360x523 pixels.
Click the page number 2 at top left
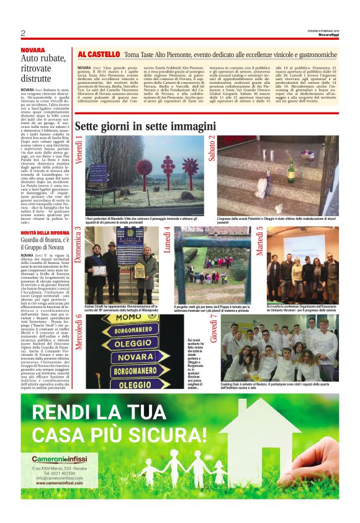[x=22, y=33]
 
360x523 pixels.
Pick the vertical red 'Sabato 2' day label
[x=212, y=148]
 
